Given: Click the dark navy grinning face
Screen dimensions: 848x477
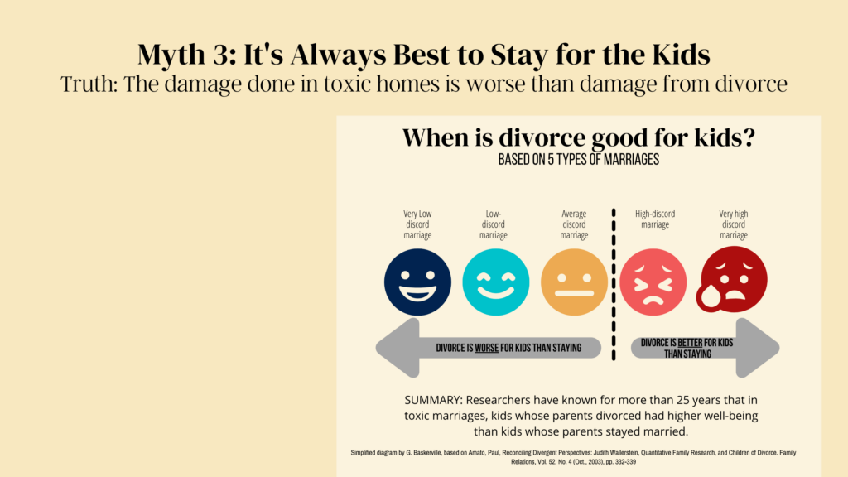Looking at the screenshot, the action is (417, 282).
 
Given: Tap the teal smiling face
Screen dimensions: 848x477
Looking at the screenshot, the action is (496, 282).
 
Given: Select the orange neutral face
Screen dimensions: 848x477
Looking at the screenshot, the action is (575, 282).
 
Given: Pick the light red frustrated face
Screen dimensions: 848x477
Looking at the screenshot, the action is (653, 282).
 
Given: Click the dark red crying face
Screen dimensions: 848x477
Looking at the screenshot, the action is (734, 279).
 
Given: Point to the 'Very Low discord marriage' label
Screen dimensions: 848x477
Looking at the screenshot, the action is (417, 224).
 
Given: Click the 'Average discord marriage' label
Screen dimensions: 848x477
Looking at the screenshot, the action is (575, 224).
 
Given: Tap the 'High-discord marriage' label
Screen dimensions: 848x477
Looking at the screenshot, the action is (655, 219).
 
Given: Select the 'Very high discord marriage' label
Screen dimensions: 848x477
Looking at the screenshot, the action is (734, 224).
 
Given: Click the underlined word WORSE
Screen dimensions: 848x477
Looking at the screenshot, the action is (487, 348).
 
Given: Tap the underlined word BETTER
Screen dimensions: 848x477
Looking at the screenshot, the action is (690, 342).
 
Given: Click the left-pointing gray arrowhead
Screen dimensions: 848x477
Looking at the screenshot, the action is (398, 348).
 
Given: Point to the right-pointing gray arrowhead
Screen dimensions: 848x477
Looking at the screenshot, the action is (758, 348).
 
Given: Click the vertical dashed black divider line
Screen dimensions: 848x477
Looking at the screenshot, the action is (614, 285).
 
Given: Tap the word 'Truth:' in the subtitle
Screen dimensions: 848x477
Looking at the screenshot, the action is (89, 84).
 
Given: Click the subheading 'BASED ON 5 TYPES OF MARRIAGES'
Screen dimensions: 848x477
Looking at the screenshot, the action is (579, 160).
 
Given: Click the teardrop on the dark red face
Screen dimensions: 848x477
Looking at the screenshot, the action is (709, 297).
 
